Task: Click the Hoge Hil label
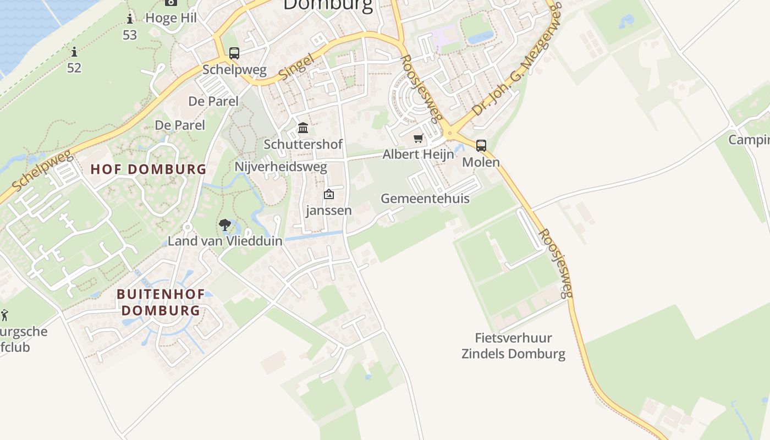click(170, 18)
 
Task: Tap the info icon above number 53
click(130, 19)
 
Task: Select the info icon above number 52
click(74, 52)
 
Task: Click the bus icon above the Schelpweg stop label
click(234, 53)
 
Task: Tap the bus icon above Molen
click(481, 146)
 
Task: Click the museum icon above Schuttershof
click(302, 128)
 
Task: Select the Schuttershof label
click(303, 144)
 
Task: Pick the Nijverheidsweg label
click(281, 167)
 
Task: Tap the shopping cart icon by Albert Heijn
click(419, 138)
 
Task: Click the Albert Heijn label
click(419, 155)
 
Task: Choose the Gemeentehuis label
click(425, 199)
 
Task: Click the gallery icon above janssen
click(329, 194)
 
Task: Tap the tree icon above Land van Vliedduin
click(224, 224)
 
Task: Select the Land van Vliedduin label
click(225, 241)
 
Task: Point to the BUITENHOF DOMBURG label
click(161, 302)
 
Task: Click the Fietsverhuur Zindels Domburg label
click(513, 346)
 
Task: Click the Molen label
click(481, 162)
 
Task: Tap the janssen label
click(329, 211)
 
